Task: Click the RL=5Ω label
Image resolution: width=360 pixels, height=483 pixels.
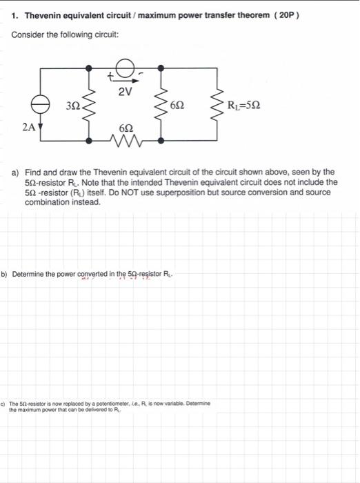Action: [244, 105]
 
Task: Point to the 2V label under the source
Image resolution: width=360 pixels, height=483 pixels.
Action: [124, 90]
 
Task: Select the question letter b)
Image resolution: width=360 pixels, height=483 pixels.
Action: [4, 273]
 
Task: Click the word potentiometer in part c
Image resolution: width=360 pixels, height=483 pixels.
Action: [114, 403]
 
